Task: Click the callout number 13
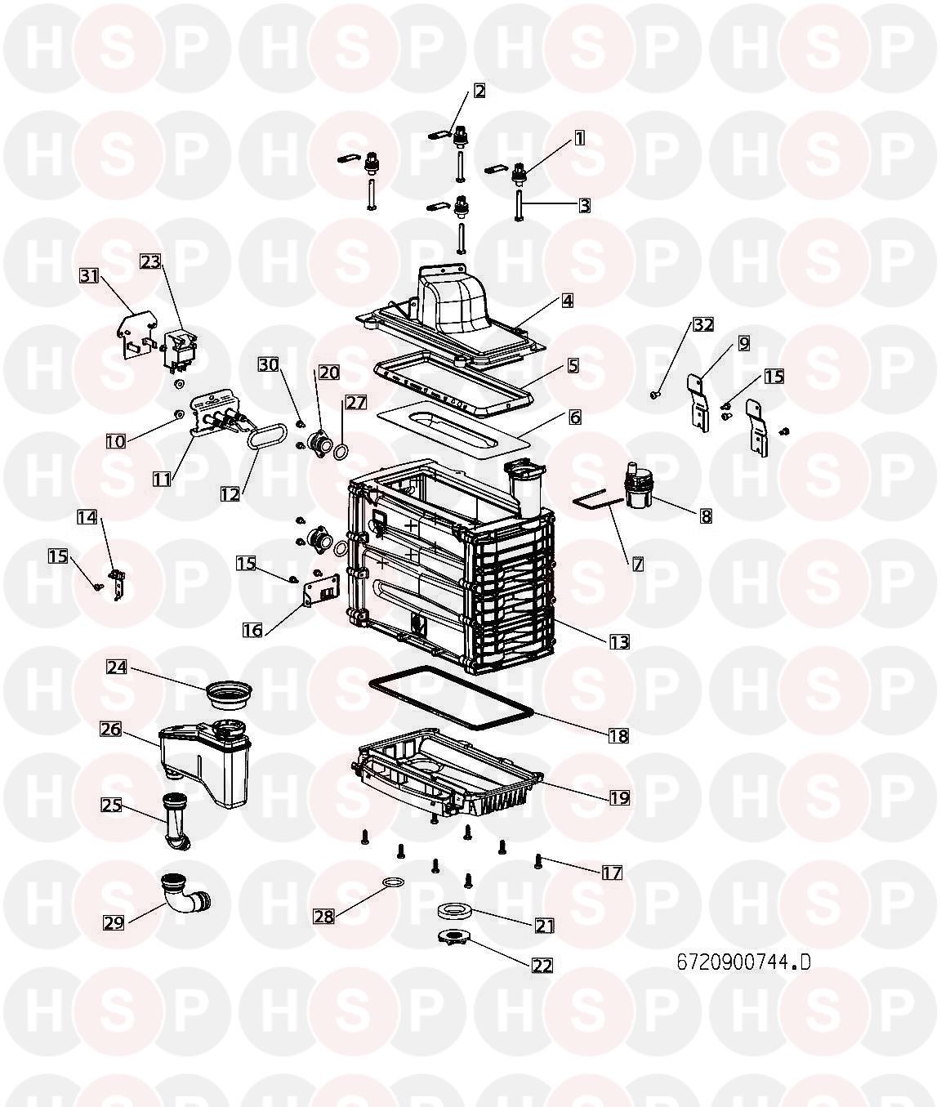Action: pyautogui.click(x=619, y=641)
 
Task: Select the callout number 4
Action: pyautogui.click(x=567, y=300)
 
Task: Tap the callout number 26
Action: pyautogui.click(x=111, y=729)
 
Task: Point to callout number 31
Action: pyautogui.click(x=89, y=276)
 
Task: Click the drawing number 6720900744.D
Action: pyautogui.click(x=744, y=962)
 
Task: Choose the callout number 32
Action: pyautogui.click(x=703, y=324)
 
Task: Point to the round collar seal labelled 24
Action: pyautogui.click(x=229, y=694)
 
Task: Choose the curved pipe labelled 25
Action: pyautogui.click(x=174, y=829)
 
